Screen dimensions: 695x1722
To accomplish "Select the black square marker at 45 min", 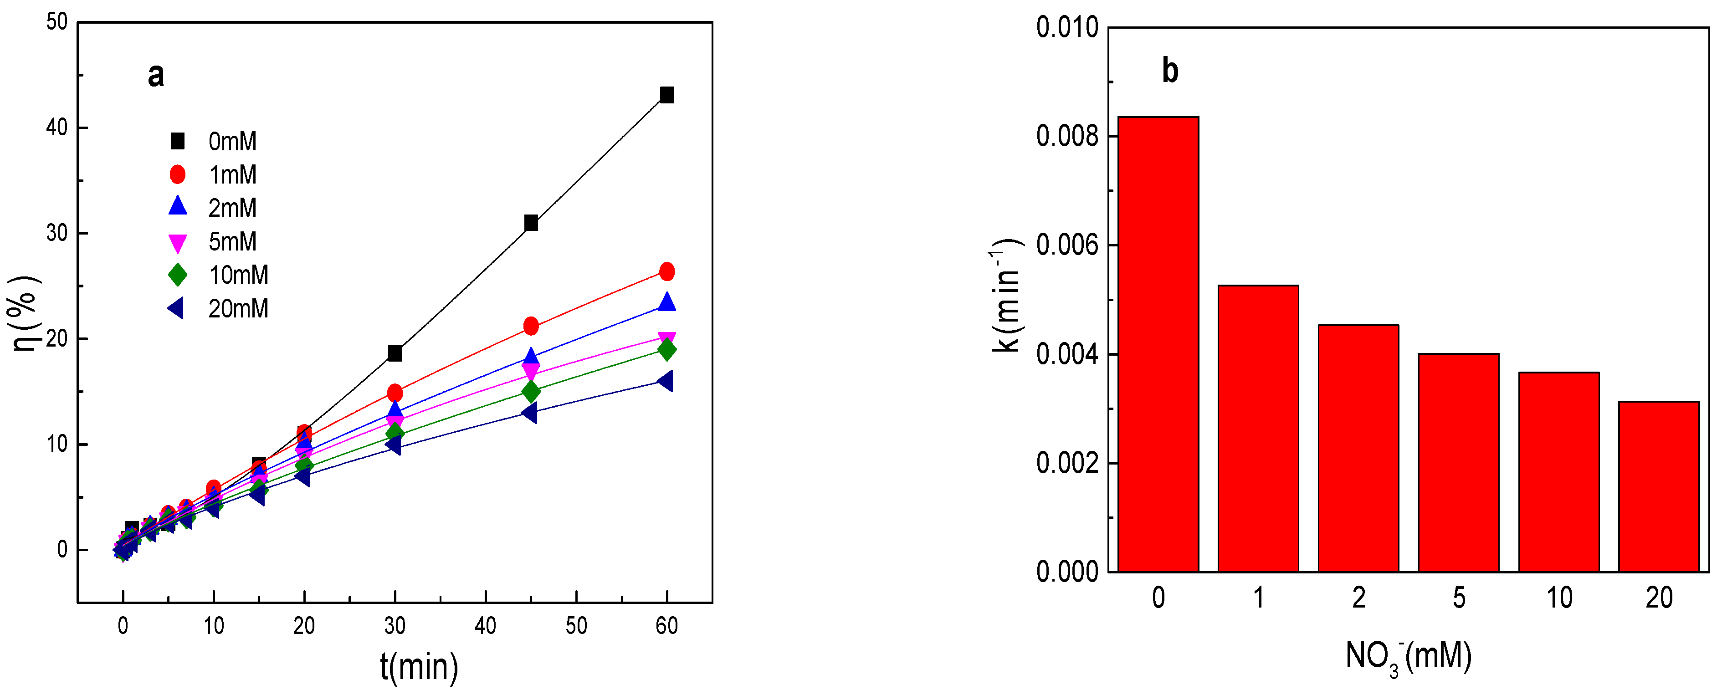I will click(531, 223).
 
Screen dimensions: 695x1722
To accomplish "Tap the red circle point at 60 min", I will click(666, 271).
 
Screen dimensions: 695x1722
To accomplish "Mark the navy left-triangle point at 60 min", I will click(665, 381).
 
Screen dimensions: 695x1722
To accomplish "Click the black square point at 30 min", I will click(395, 353).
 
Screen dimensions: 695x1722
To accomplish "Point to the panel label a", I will click(156, 75).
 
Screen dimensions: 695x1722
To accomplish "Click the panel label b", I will click(1170, 71).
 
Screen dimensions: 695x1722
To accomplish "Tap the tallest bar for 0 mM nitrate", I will click(1158, 344).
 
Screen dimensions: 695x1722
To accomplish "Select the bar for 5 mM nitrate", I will click(1459, 462).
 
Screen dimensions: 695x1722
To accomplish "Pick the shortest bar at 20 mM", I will click(1659, 486).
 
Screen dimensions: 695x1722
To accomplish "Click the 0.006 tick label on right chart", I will click(1067, 245).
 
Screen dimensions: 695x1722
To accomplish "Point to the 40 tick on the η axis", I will click(57, 127).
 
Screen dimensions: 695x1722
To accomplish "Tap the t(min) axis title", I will click(419, 667).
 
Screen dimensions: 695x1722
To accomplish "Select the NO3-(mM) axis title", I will click(1409, 657).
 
